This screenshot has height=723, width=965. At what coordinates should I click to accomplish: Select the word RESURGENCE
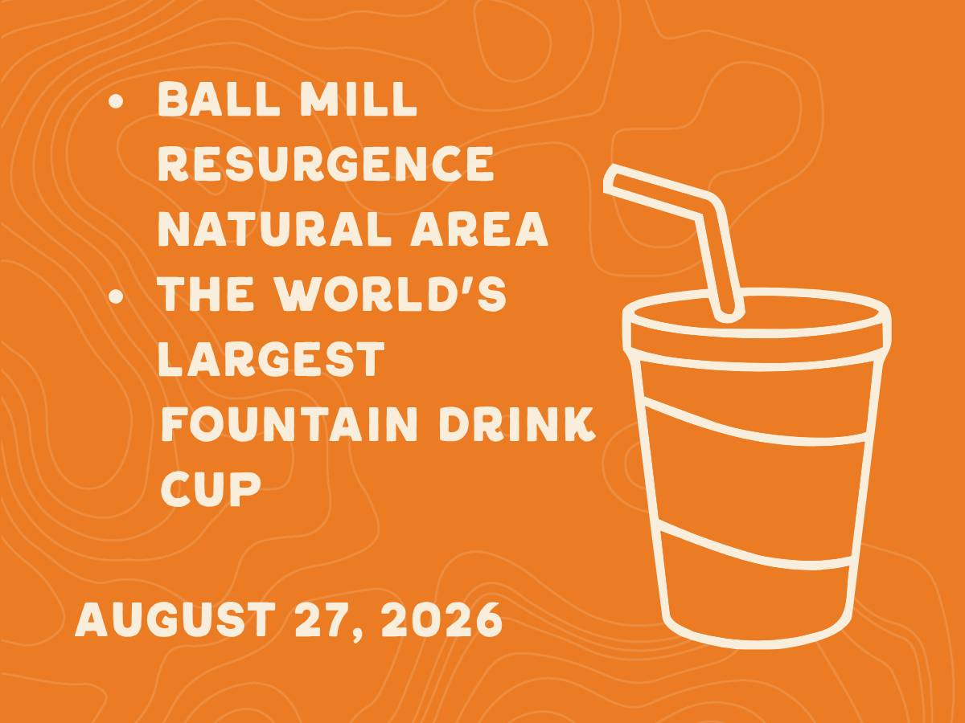(x=326, y=164)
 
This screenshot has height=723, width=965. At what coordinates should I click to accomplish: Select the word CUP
(x=211, y=488)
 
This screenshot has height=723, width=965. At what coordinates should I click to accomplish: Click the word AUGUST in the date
(x=175, y=619)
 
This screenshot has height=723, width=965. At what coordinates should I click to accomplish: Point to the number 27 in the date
(x=324, y=619)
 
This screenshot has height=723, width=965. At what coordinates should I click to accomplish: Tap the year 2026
(x=441, y=619)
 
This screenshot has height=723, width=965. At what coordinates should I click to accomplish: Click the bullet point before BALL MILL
(x=117, y=100)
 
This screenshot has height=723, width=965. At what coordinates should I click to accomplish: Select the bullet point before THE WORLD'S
(x=117, y=296)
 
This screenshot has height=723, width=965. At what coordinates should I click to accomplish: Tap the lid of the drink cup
(x=757, y=330)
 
